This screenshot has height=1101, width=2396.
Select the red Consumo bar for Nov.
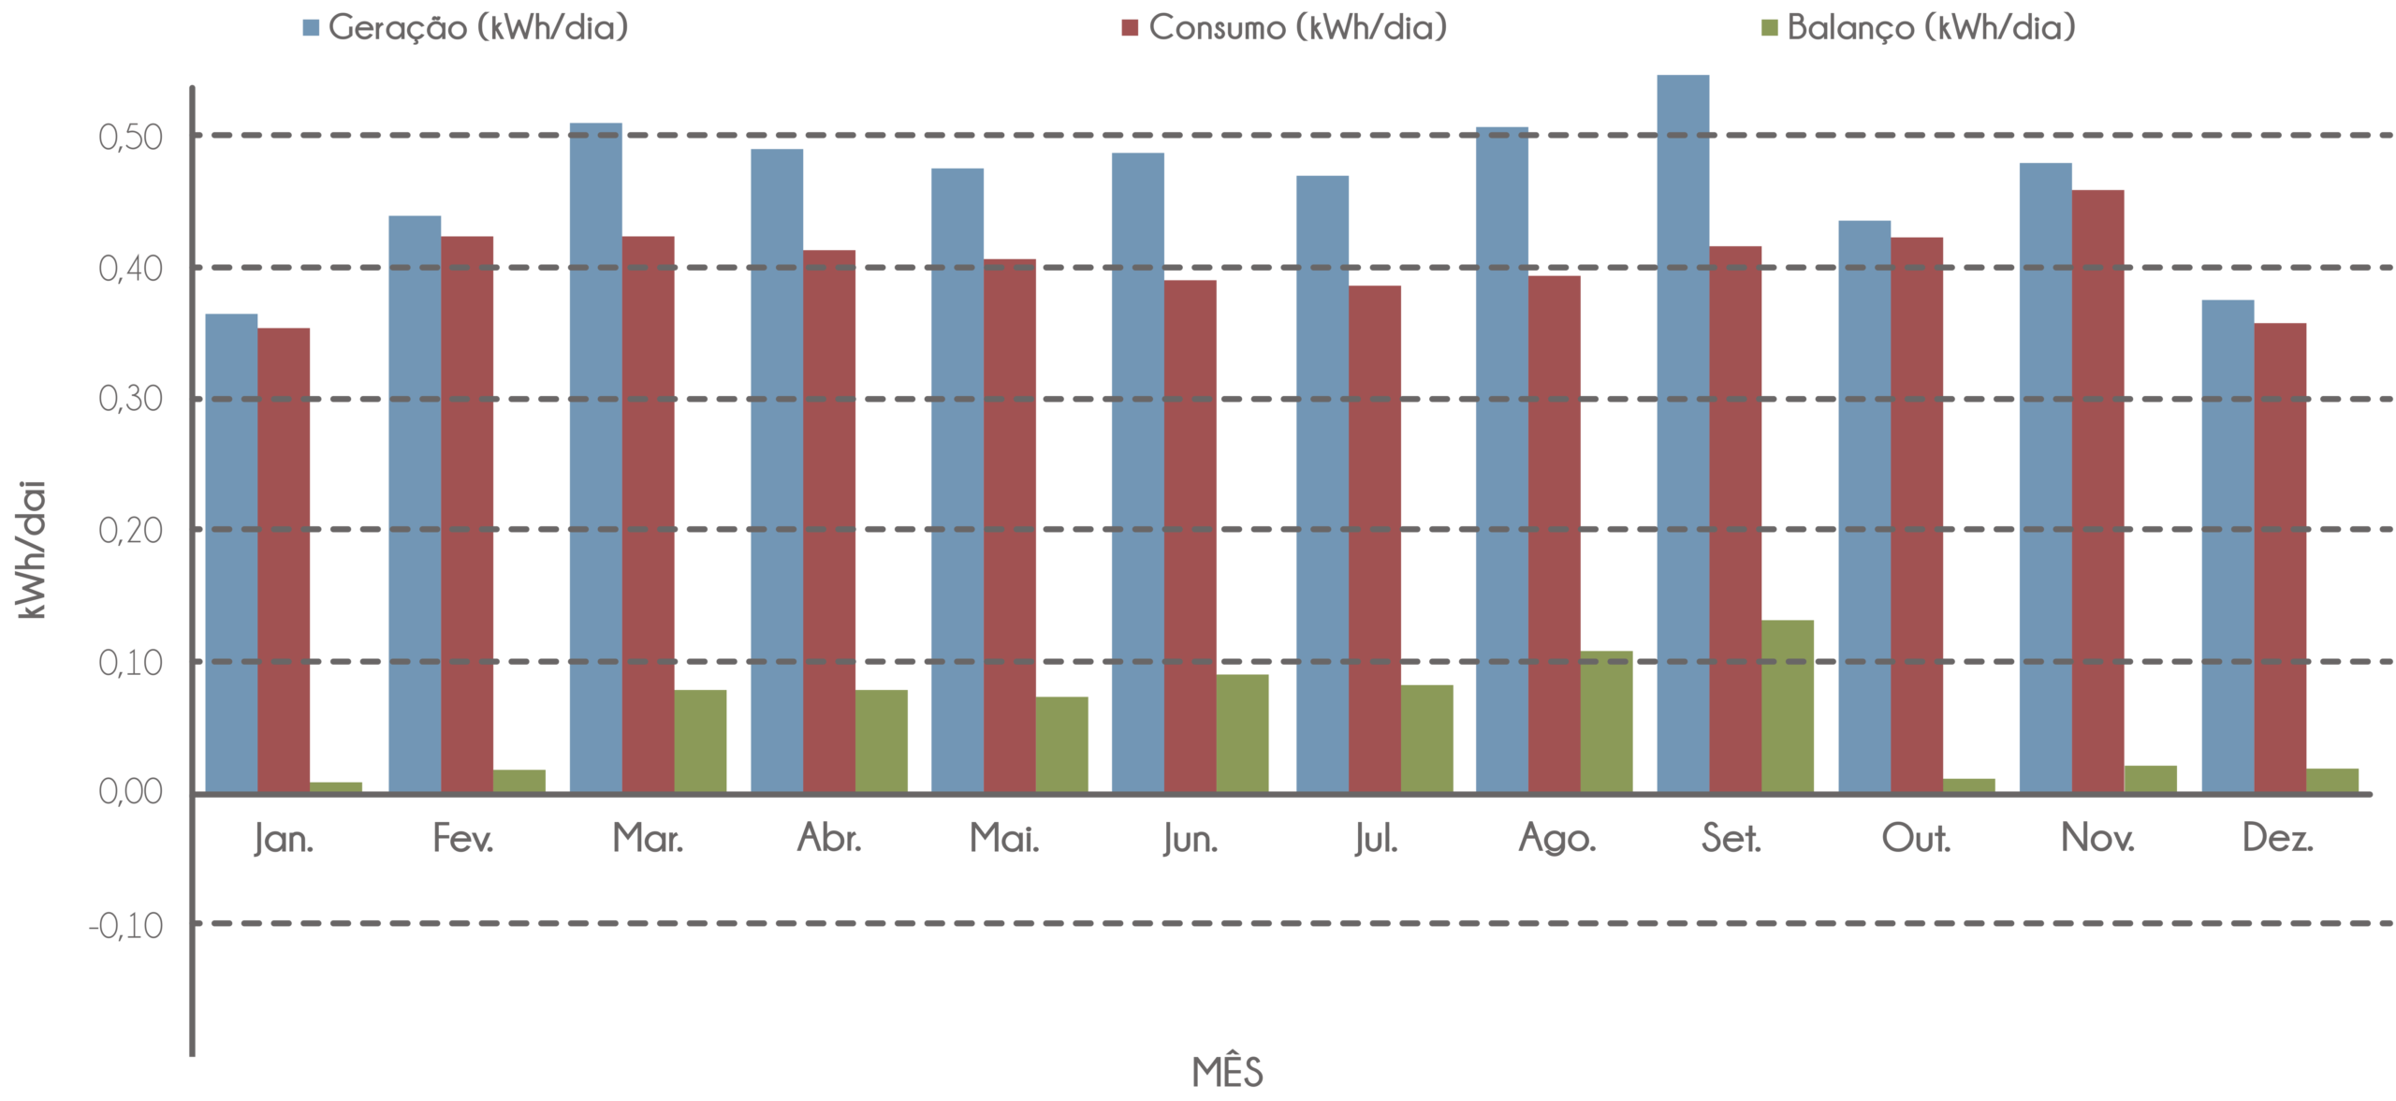pyautogui.click(x=2097, y=491)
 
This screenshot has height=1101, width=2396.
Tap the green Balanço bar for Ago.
pyautogui.click(x=1607, y=721)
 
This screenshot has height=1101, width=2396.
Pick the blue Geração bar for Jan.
pyautogui.click(x=231, y=552)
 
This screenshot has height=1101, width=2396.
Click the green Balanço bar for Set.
pyautogui.click(x=1788, y=705)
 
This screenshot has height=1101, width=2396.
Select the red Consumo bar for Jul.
pyautogui.click(x=1375, y=538)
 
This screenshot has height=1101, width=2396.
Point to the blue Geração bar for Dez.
pyautogui.click(x=2228, y=546)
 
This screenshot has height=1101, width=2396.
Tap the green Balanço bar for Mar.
pyautogui.click(x=701, y=741)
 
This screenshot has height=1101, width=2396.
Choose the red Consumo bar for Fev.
pyautogui.click(x=467, y=514)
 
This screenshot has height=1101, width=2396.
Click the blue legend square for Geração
pyautogui.click(x=312, y=29)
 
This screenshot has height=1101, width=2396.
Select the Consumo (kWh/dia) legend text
pyautogui.click(x=1297, y=28)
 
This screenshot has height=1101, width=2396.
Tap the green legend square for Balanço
pyautogui.click(x=1770, y=29)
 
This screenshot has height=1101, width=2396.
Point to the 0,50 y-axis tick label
pyautogui.click(x=130, y=138)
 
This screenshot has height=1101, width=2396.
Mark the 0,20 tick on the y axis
pyautogui.click(x=130, y=531)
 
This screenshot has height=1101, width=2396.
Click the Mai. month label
pyautogui.click(x=1003, y=840)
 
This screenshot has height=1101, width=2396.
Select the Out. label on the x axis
pyautogui.click(x=1915, y=840)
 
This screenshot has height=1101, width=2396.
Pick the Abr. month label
pyautogui.click(x=828, y=840)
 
